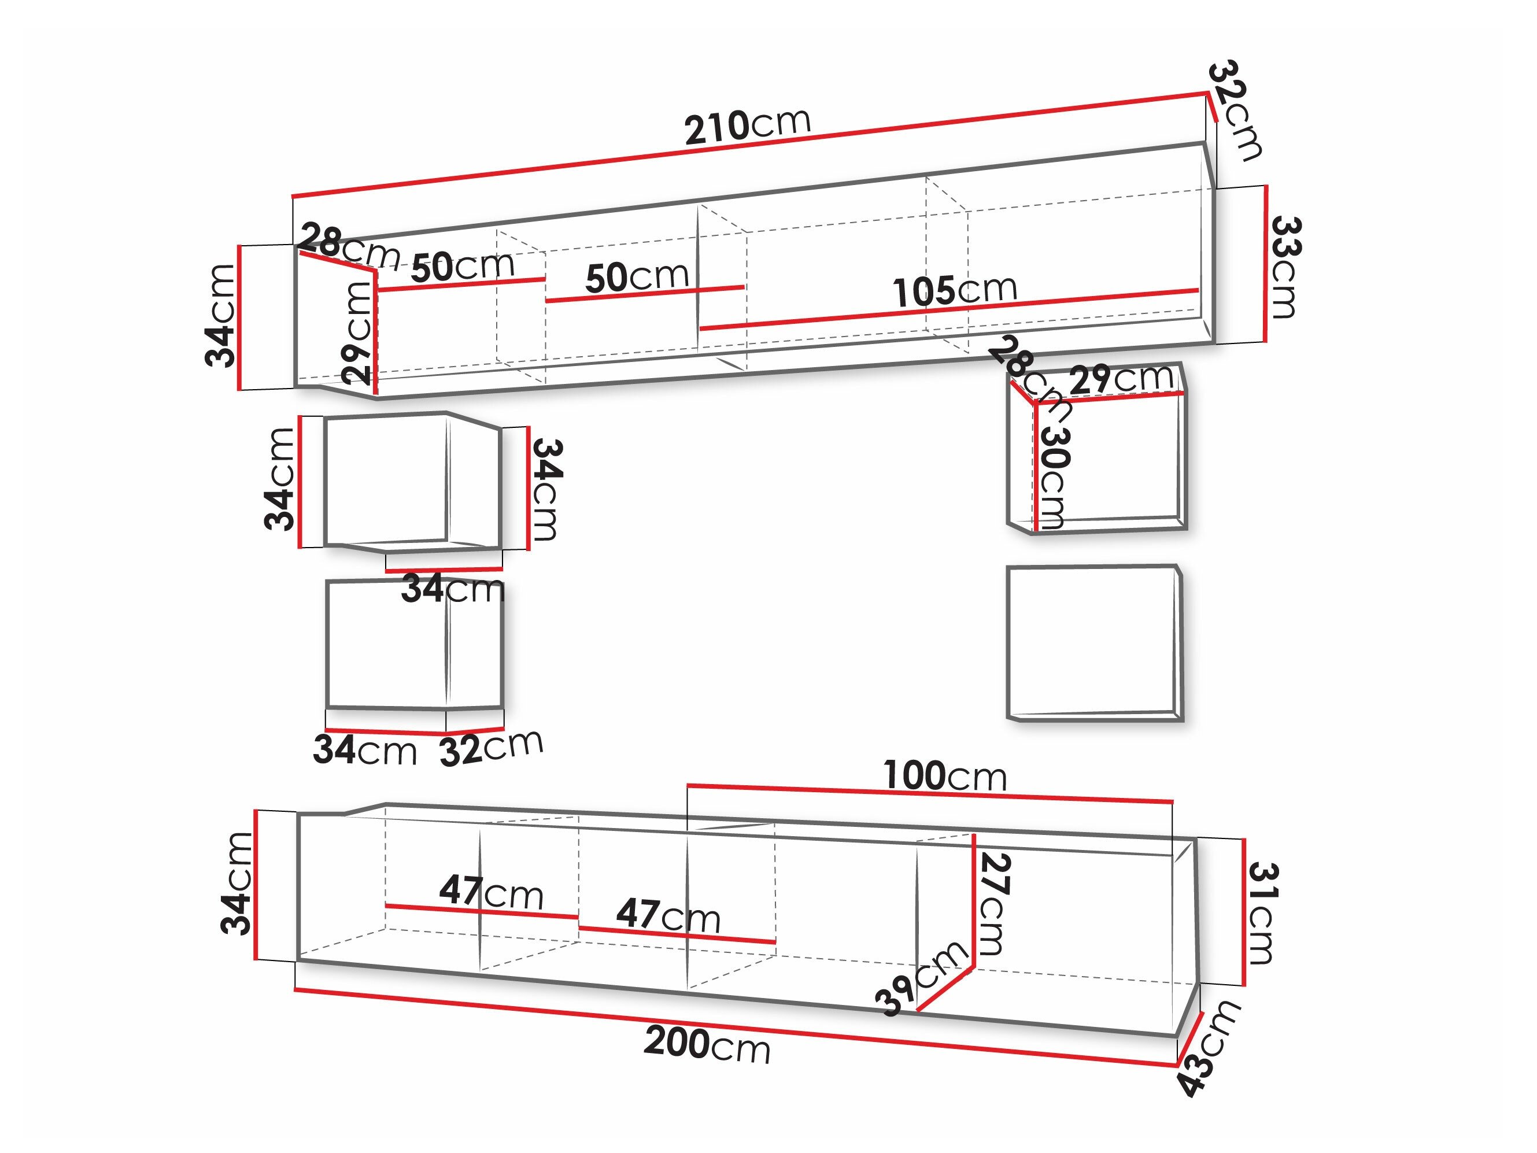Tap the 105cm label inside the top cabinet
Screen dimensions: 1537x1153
[955, 290]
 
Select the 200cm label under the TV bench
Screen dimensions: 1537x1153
[707, 1044]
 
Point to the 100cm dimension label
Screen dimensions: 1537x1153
[944, 775]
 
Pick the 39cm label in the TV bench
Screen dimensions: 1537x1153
[922, 978]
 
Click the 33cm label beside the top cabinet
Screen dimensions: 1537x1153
[1284, 268]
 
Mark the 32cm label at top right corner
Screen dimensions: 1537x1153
[1235, 111]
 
